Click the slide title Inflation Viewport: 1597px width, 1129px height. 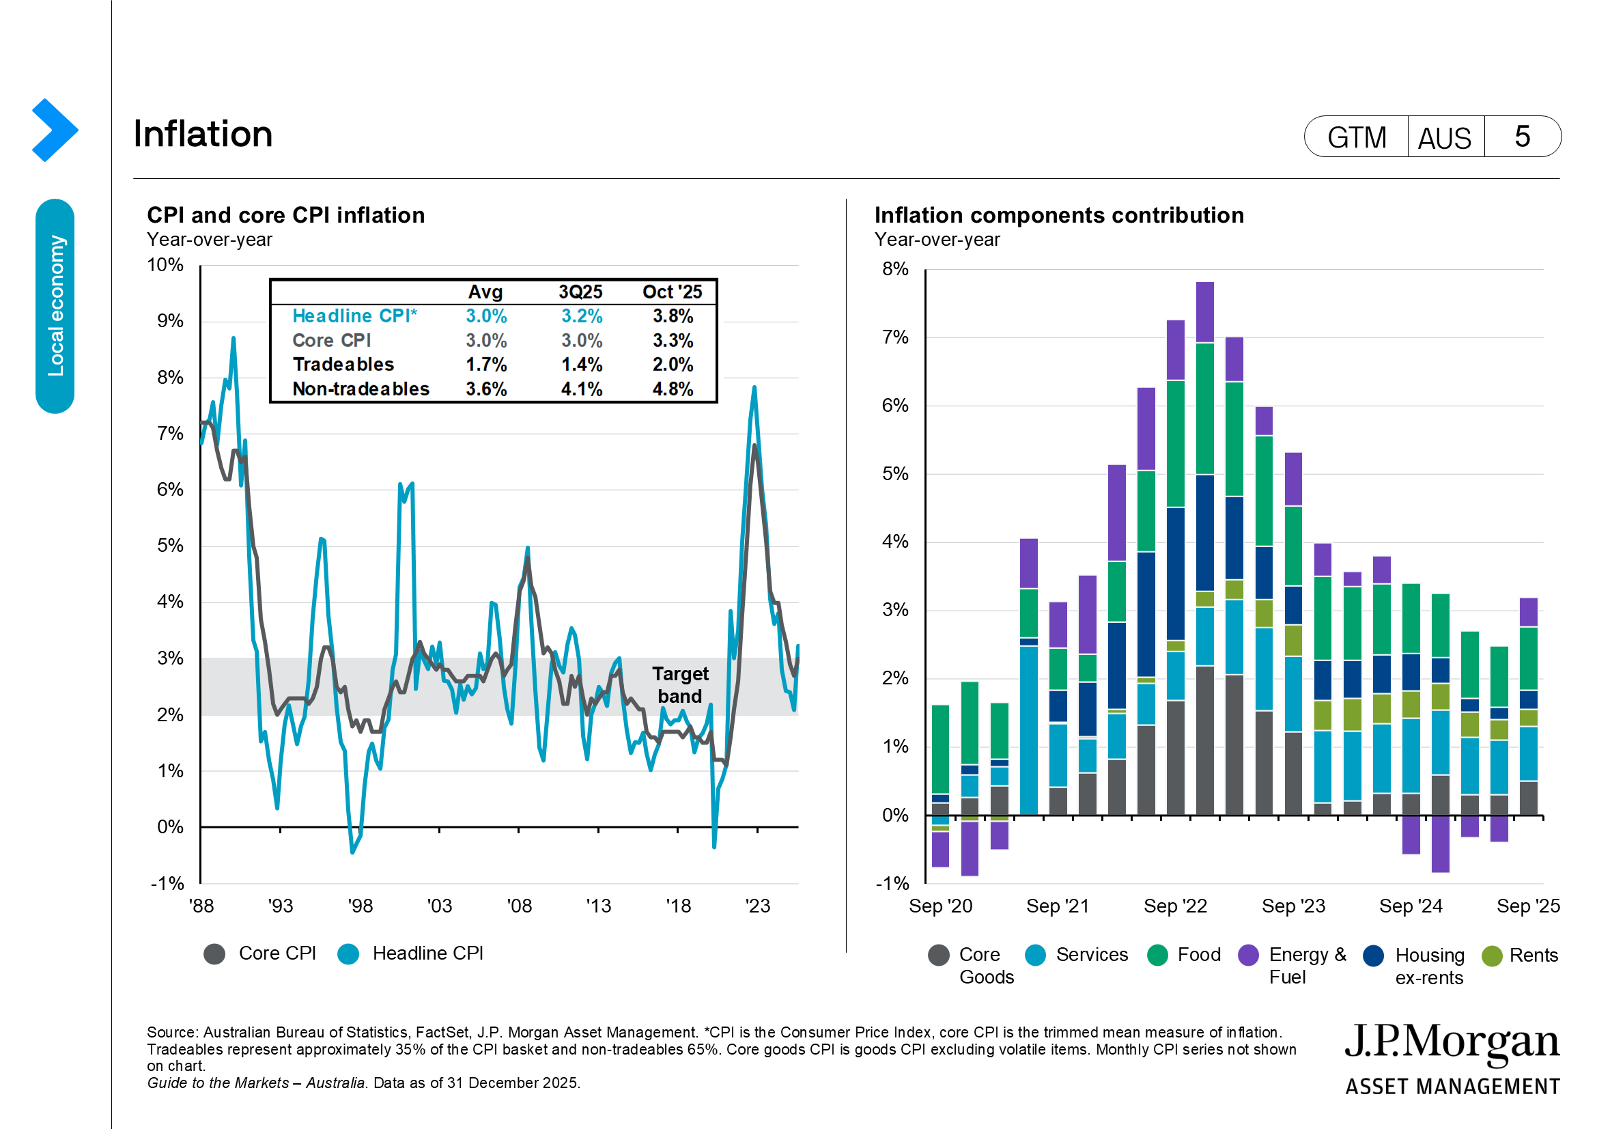coord(202,134)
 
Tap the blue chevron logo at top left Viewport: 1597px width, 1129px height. coord(54,130)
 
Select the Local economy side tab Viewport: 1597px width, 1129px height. coord(55,306)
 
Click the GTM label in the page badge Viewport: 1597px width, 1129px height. coord(1357,137)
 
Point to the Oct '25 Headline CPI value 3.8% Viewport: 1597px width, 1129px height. coord(672,316)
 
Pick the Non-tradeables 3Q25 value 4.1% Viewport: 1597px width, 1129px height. coord(582,389)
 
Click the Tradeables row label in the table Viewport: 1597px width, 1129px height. coord(343,365)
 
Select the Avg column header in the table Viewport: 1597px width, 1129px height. coord(485,292)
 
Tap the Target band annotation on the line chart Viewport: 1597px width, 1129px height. coord(679,684)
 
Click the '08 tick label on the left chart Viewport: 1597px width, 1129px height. coord(519,906)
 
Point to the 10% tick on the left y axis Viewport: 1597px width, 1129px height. coord(165,265)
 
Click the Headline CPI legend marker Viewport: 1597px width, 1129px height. coord(348,953)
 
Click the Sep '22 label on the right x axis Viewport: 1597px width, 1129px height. coord(1175,906)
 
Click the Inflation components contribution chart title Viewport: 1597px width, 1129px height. coord(1059,215)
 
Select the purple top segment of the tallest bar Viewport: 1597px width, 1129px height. coord(1204,311)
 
